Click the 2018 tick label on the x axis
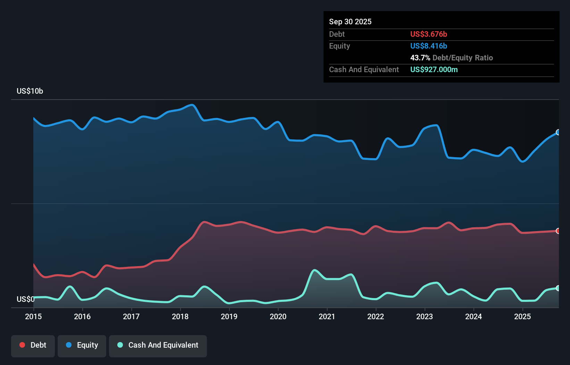coord(180,316)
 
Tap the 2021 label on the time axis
coord(327,316)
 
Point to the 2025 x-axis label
coord(522,316)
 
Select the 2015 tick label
coord(33,316)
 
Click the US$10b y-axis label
coord(30,91)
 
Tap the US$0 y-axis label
coord(25,299)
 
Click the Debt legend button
coord(33,345)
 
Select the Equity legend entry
coord(82,345)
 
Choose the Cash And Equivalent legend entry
coord(158,345)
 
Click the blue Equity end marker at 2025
coord(558,132)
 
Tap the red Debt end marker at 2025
coord(558,231)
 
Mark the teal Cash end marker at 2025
coord(558,288)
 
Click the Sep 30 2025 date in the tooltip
coord(350,22)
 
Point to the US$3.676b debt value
coord(428,34)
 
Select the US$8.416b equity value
coord(428,46)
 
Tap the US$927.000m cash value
coord(434,69)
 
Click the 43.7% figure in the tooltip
coord(420,58)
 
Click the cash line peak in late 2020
coord(315,270)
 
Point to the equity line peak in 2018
coord(192,105)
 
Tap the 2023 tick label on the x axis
coord(425,316)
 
